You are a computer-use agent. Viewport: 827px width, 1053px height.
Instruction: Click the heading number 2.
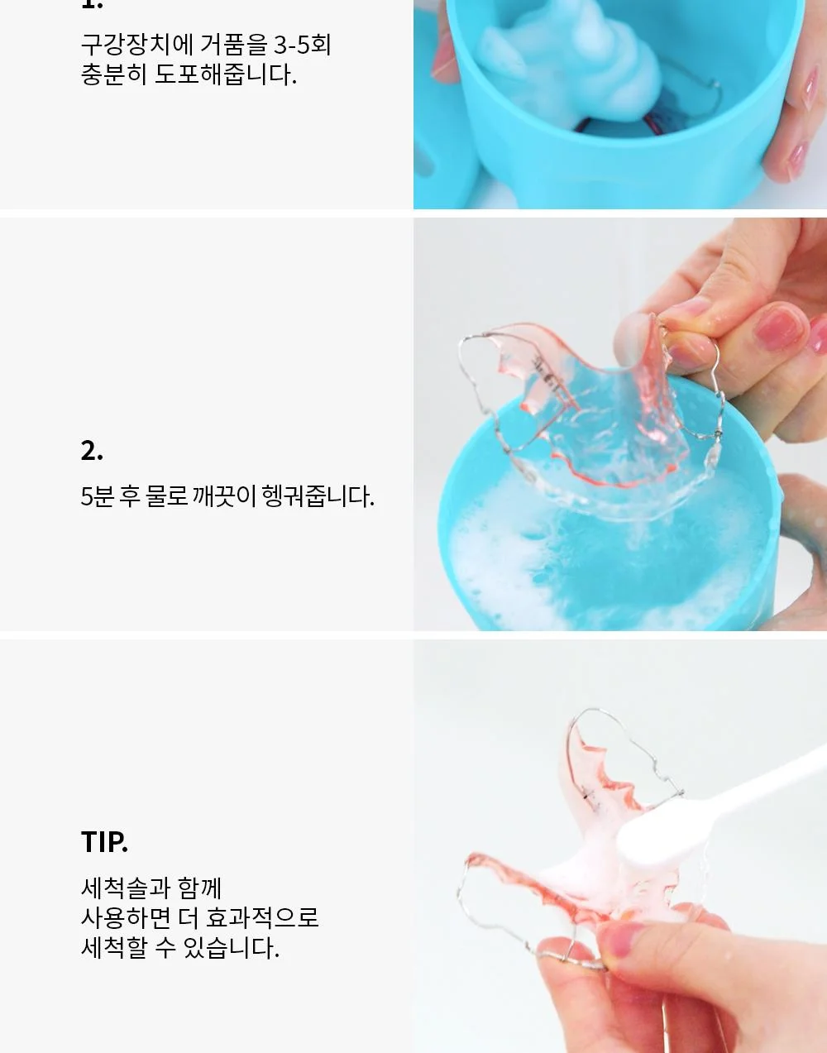point(92,451)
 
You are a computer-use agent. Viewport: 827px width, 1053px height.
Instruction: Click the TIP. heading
point(104,842)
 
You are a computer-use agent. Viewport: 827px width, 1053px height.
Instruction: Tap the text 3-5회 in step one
point(303,45)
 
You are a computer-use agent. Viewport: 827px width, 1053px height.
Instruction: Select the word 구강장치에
point(137,45)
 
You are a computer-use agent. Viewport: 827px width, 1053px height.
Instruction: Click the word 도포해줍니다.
point(225,74)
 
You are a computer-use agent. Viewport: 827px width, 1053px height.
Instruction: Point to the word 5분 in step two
point(98,496)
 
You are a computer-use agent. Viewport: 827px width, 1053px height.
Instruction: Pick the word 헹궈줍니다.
point(318,496)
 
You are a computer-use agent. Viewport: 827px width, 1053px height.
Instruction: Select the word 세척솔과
point(126,888)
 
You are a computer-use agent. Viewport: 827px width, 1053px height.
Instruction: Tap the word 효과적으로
point(262,917)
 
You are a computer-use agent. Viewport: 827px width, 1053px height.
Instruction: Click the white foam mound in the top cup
point(571,63)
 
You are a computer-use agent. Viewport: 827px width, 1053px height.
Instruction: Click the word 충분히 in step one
point(113,74)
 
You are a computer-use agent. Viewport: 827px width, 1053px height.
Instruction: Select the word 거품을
point(234,45)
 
